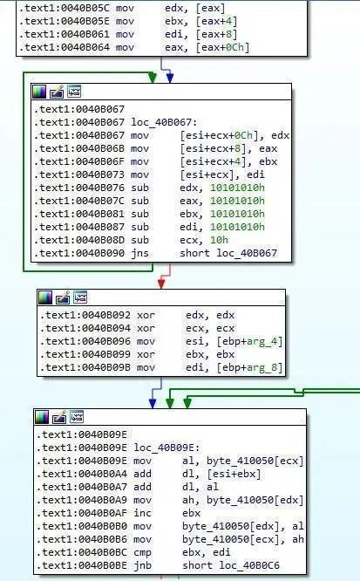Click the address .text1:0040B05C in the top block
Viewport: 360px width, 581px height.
click(65, 8)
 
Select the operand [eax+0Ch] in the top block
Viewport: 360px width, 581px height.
click(222, 47)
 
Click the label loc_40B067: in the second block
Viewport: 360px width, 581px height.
click(165, 122)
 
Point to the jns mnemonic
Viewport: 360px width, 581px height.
click(139, 253)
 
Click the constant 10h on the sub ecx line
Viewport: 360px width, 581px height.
click(220, 240)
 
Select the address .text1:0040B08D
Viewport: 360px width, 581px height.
click(79, 240)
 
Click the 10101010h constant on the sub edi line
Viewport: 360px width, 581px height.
click(237, 227)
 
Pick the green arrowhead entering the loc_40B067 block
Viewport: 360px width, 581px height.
click(153, 77)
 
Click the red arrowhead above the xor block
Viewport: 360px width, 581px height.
click(161, 284)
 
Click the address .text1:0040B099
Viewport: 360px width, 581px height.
click(85, 354)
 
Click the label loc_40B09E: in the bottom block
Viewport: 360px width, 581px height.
click(166, 448)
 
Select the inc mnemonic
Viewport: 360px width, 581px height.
click(143, 513)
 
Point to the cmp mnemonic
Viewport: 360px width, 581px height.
click(143, 552)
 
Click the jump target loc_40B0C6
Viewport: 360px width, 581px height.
click(249, 565)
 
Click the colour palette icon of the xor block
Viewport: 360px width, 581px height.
click(45, 297)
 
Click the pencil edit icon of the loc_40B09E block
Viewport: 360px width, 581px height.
click(59, 417)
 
